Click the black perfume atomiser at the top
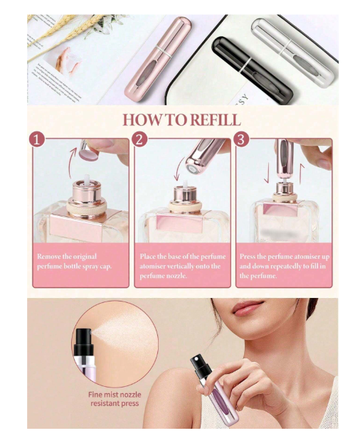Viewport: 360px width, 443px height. click(x=252, y=68)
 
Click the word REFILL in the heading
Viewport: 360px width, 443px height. click(x=215, y=119)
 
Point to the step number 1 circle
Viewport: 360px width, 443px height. click(x=37, y=139)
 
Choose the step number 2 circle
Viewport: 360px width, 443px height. click(x=139, y=139)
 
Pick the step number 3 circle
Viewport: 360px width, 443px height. click(x=241, y=139)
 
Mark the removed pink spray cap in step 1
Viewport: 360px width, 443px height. click(x=88, y=151)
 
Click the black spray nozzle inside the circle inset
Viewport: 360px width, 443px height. click(x=84, y=342)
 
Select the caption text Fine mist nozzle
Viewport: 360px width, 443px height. click(x=115, y=395)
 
